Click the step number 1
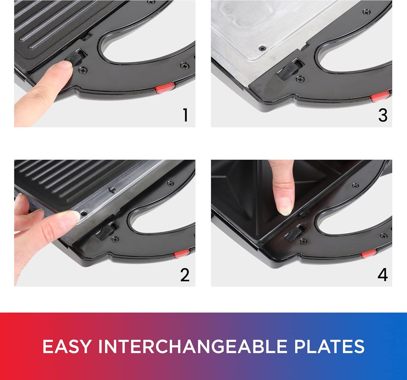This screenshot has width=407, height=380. click(185, 115)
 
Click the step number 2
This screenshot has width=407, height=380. click(185, 275)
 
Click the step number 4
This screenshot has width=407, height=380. click(383, 275)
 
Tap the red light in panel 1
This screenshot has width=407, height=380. click(165, 88)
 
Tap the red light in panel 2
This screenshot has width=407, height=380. click(182, 253)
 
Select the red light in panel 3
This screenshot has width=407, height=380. click(380, 96)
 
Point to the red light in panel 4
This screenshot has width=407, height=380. click(369, 254)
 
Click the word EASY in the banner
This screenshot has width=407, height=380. click(67, 346)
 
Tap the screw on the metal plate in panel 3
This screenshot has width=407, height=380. click(262, 49)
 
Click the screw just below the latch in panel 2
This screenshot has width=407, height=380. click(115, 239)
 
